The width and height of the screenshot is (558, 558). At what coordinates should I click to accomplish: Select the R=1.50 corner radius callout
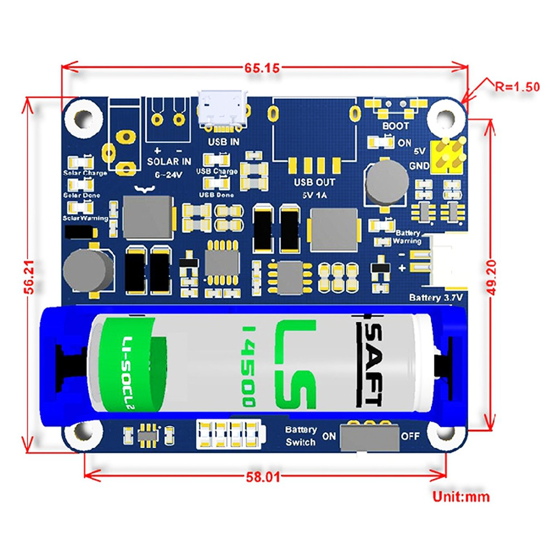point(517,86)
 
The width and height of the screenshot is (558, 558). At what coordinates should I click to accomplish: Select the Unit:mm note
point(461,496)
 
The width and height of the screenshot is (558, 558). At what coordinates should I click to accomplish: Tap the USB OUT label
point(315,182)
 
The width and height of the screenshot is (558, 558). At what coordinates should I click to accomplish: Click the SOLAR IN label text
point(169,161)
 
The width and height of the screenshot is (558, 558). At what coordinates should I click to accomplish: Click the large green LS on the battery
point(296,363)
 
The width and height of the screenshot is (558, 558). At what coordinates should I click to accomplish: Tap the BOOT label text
point(395,127)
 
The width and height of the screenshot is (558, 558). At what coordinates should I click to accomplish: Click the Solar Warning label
point(85,218)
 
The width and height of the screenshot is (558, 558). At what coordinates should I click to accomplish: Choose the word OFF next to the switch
point(410,436)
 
